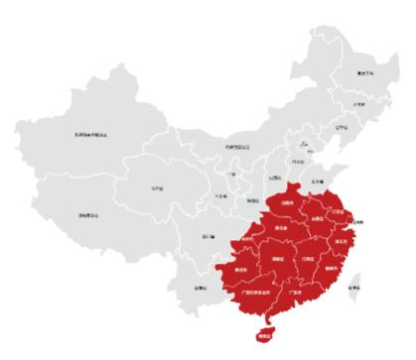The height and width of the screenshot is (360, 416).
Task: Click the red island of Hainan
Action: [x=264, y=336]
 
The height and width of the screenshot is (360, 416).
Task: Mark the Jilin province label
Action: [x=358, y=103]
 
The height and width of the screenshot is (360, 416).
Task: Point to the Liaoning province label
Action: [x=342, y=127]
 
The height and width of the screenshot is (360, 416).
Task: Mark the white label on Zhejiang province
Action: [x=343, y=239]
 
